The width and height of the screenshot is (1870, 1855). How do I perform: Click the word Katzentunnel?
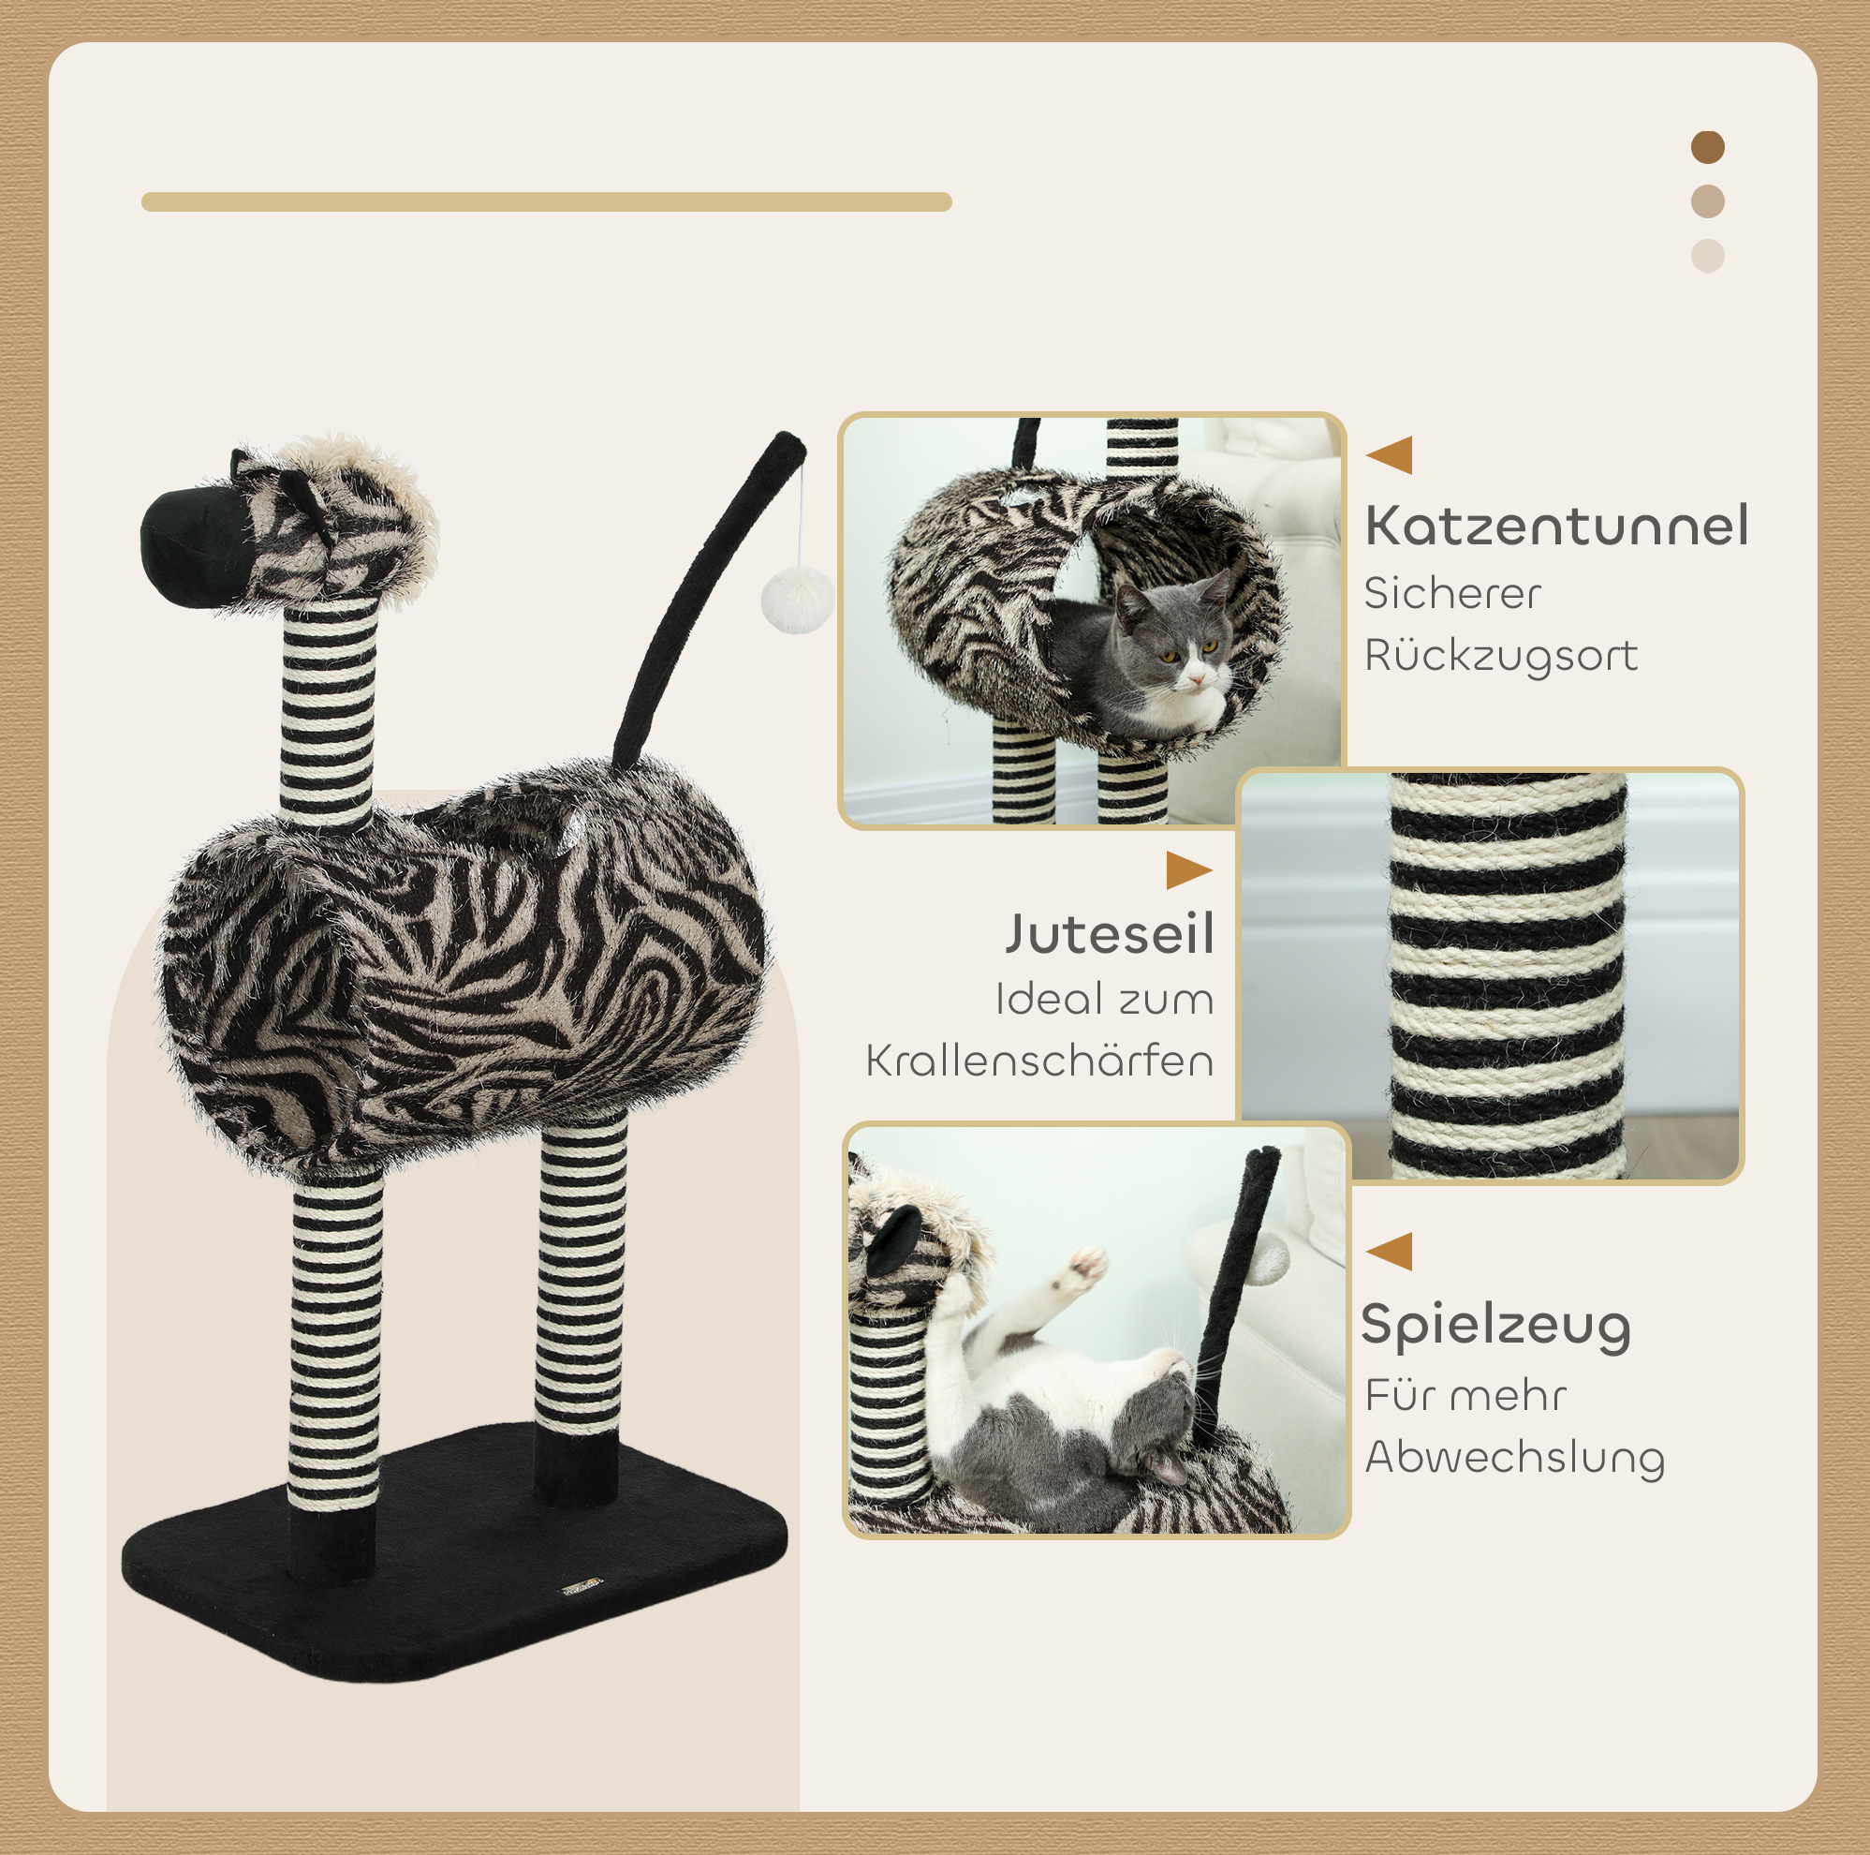tap(1556, 526)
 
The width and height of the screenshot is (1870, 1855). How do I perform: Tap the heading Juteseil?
tap(1110, 934)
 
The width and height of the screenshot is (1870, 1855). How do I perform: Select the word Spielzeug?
tap(1496, 1327)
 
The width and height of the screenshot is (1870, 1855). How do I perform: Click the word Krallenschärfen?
tap(1039, 1061)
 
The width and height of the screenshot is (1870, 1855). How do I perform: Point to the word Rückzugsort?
tap(1501, 656)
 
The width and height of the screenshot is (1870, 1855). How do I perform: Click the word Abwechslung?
tap(1515, 1458)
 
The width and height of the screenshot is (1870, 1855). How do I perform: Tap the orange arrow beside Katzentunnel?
tap(1390, 455)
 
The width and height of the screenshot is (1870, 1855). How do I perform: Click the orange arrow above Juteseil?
tap(1189, 870)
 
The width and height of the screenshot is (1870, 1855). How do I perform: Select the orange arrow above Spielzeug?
tap(1390, 1251)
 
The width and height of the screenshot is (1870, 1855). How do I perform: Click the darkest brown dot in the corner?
tap(1708, 147)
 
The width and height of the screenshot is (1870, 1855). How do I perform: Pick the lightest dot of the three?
tap(1708, 256)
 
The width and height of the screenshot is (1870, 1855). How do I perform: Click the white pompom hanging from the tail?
tap(798, 601)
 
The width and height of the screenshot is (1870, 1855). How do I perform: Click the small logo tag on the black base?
tap(582, 1584)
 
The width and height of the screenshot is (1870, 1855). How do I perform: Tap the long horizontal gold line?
tap(547, 201)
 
